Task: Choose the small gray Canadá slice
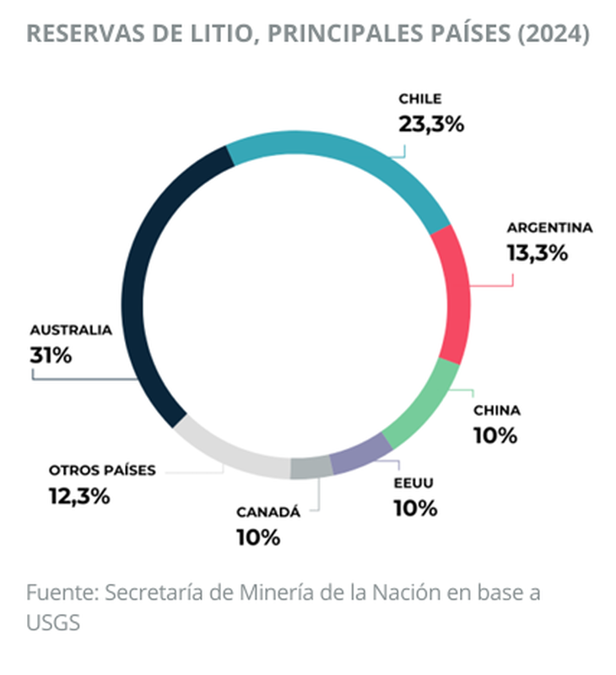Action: tap(311, 467)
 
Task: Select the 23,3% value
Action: tap(431, 124)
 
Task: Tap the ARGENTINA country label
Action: tap(549, 228)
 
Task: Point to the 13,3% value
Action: tap(537, 252)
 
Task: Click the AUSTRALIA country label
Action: tap(71, 330)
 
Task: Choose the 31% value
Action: tap(51, 354)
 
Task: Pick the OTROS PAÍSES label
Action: tap(102, 470)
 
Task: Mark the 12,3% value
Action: tap(78, 495)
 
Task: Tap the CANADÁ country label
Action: tap(267, 512)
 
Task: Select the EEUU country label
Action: tap(413, 483)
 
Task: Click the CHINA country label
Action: tap(496, 411)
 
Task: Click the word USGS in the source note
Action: tap(52, 622)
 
